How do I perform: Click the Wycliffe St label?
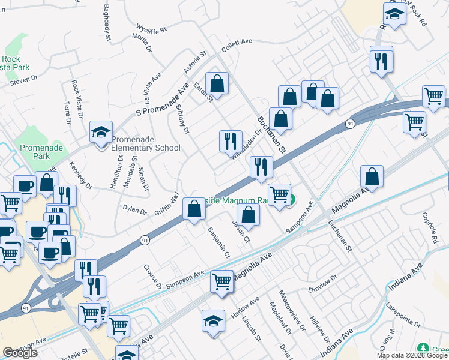(151, 28)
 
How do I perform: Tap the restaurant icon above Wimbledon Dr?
(231, 141)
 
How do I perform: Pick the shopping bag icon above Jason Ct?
(249, 215)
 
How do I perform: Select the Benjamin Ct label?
(218, 242)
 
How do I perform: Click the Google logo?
(20, 353)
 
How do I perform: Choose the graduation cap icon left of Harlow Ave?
(214, 321)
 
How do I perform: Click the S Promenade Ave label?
(163, 96)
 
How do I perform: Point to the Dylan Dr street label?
(134, 211)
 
